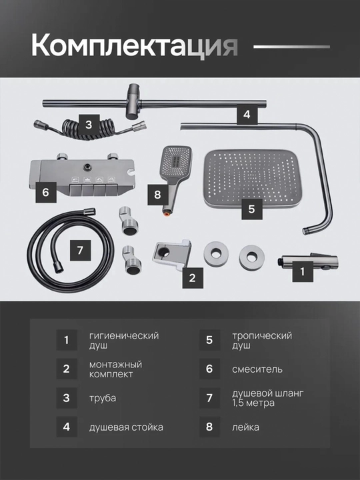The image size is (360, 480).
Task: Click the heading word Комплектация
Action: (135, 45)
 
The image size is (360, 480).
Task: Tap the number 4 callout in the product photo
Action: (247, 114)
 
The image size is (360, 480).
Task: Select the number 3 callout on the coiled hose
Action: (89, 125)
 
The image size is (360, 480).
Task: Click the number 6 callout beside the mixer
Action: (46, 192)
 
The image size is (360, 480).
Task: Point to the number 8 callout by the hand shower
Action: (158, 195)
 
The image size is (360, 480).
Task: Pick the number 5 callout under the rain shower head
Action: (251, 209)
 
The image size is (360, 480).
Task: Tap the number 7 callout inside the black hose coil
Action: (80, 250)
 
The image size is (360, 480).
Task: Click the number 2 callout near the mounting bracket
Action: (193, 277)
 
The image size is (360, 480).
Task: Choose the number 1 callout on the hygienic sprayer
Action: (303, 271)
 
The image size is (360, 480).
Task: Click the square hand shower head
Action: (176, 163)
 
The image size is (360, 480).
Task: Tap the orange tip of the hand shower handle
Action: (166, 214)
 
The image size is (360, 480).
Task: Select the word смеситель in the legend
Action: (257, 369)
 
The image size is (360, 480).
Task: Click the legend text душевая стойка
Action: (126, 427)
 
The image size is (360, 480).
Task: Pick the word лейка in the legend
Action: (245, 427)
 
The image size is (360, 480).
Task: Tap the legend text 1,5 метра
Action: (253, 403)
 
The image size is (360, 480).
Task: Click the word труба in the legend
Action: (103, 398)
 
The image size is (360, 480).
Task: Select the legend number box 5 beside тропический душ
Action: (209, 340)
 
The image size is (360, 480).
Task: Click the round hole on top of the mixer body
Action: (89, 167)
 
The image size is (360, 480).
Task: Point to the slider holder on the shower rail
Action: (134, 101)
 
